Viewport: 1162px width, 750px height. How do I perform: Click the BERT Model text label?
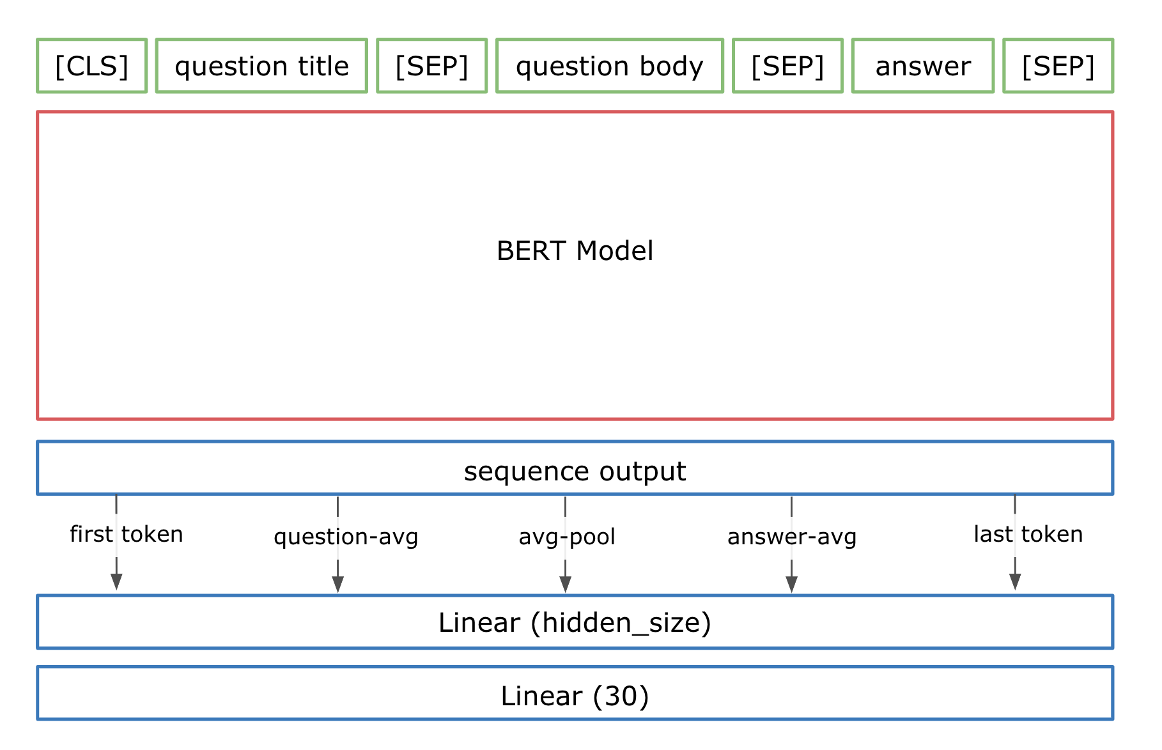(575, 251)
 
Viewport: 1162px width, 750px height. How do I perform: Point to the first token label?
(127, 534)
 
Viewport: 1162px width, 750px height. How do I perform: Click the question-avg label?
(346, 537)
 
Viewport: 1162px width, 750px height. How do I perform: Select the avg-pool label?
(567, 537)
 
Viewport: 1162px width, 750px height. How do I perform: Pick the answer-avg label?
(792, 537)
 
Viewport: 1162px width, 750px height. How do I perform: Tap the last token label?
(1028, 534)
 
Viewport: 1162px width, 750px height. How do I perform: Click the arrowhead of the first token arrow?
(116, 581)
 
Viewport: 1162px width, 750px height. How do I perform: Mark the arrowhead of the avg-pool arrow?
(565, 584)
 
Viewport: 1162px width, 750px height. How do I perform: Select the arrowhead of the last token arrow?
(1015, 581)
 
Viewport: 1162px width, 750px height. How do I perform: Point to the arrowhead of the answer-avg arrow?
(791, 584)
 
